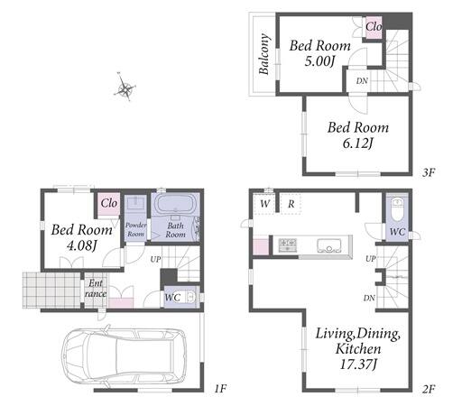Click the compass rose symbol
tap(125, 88)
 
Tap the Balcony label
tap(263, 54)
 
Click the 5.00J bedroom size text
tap(319, 61)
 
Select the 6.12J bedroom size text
tap(357, 143)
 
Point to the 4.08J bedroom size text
tap(81, 246)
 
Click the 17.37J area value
tap(358, 364)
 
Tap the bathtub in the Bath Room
tap(175, 204)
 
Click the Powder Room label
tap(135, 229)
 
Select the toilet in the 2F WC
tap(397, 209)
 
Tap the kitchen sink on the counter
tap(329, 245)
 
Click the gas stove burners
tap(288, 245)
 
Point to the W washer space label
tap(264, 204)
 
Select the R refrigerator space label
tap(291, 204)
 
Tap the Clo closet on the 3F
tap(374, 27)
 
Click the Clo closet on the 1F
tap(109, 203)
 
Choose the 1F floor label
tap(220, 389)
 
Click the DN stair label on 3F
tap(362, 81)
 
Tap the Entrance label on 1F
tap(96, 289)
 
